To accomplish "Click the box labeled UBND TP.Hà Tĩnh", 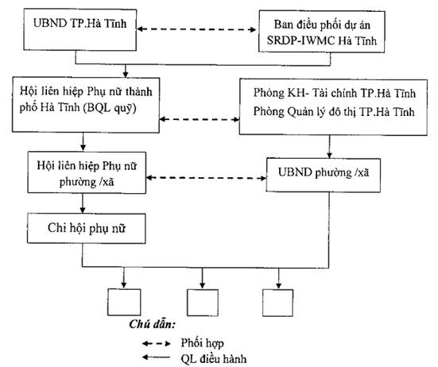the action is click(x=80, y=29).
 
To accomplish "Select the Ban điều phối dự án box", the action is click(x=322, y=32).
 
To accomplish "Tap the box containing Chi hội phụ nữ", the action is click(x=87, y=228).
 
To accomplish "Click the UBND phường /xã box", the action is click(x=324, y=175).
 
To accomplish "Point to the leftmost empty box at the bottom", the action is click(x=124, y=302).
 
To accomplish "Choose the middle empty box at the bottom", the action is click(x=203, y=303).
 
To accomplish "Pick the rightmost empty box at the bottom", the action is click(x=277, y=303).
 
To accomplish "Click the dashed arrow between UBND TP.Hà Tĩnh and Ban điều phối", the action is click(x=196, y=29).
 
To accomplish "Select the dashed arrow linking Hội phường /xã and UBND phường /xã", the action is click(x=206, y=178).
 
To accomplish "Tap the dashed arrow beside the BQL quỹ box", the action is click(x=200, y=119).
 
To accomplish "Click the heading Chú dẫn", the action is click(x=152, y=324).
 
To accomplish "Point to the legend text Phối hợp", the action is click(x=202, y=343).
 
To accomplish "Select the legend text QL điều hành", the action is click(x=214, y=358).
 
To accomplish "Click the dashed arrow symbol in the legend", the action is click(x=156, y=343).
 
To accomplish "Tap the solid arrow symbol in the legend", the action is click(x=156, y=357).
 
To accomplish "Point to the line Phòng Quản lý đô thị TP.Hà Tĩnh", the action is click(x=334, y=112).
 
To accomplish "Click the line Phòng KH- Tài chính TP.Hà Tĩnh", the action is click(x=335, y=93).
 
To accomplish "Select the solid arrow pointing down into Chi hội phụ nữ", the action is click(x=83, y=203).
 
